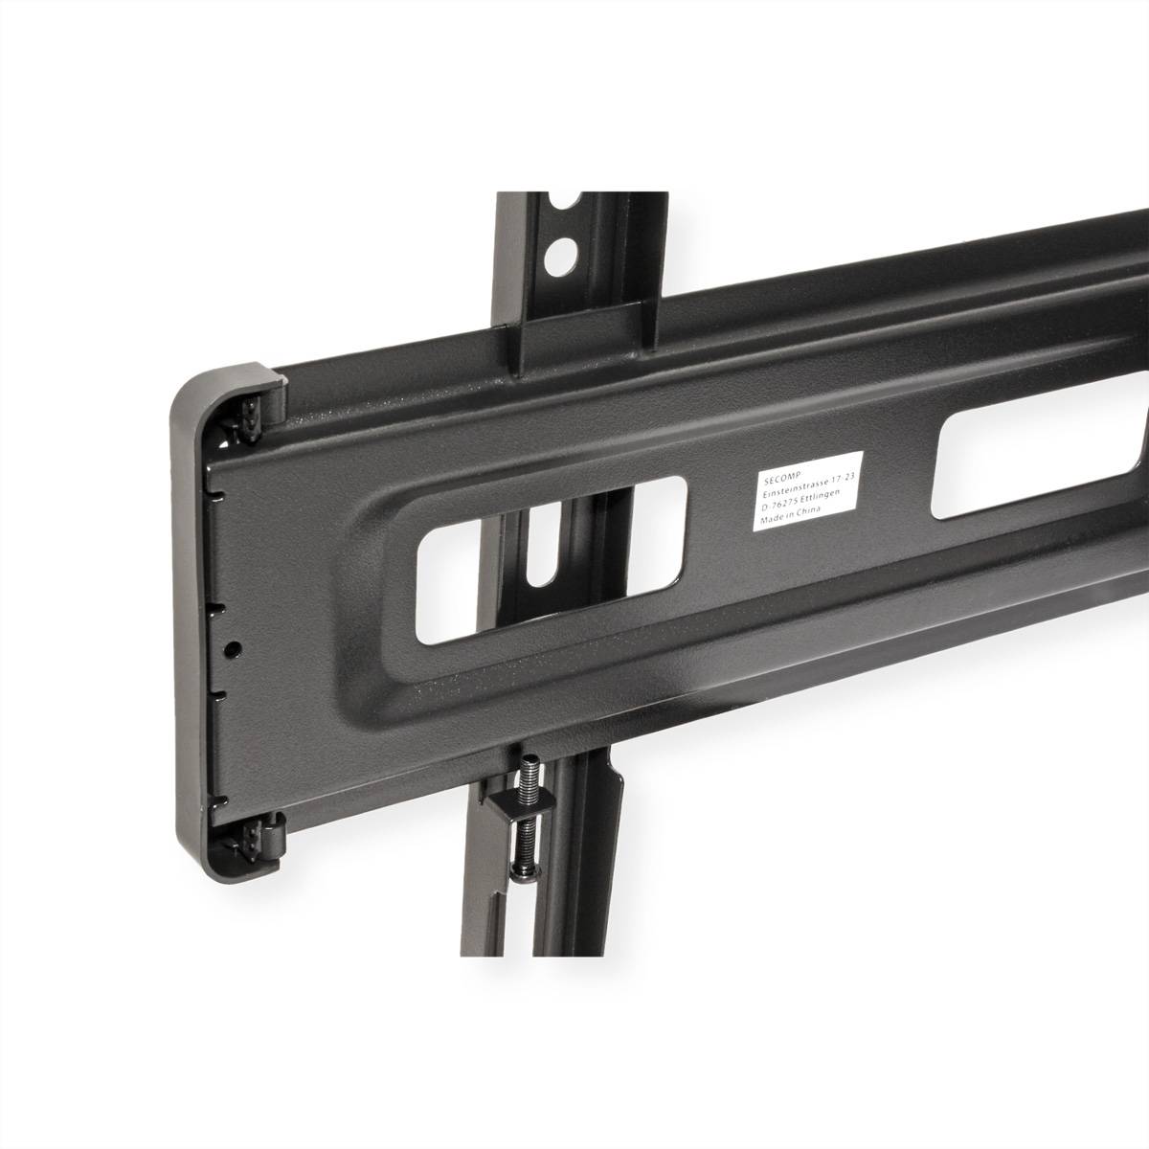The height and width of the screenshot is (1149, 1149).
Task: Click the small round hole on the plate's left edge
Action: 230,647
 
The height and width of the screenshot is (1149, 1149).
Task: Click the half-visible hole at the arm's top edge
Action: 569,202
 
